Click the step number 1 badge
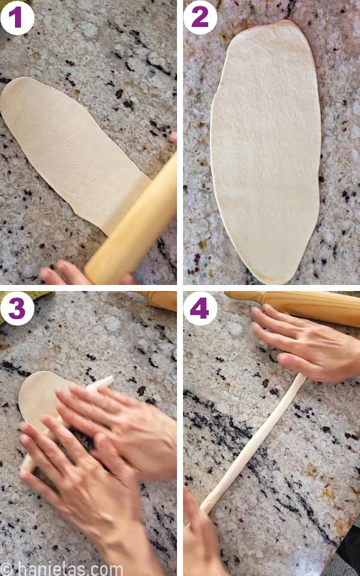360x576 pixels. point(17,17)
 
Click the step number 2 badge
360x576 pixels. point(200,17)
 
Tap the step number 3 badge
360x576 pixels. point(17,309)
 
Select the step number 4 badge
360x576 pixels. point(200,309)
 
